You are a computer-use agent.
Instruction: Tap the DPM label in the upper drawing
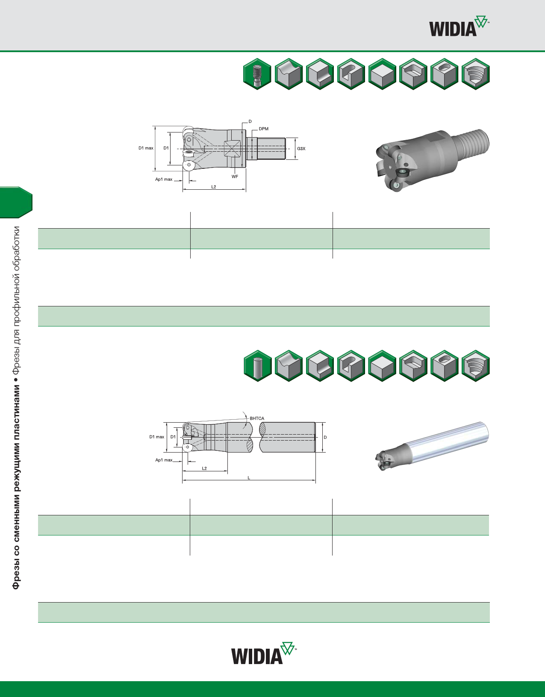pyautogui.click(x=263, y=129)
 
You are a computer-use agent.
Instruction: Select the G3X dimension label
pyautogui.click(x=301, y=148)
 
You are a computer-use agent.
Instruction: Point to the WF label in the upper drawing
pyautogui.click(x=235, y=176)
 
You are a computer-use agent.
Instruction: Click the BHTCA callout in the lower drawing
pyautogui.click(x=257, y=418)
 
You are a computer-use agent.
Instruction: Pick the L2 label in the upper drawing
pyautogui.click(x=214, y=187)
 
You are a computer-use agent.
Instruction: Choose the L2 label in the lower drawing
pyautogui.click(x=204, y=468)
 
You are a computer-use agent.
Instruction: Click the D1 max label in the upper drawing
pyautogui.click(x=146, y=148)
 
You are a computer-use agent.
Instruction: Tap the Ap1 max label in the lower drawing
pyautogui.click(x=164, y=460)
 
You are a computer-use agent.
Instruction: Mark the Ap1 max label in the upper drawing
pyautogui.click(x=164, y=179)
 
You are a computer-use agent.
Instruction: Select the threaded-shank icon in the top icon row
pyautogui.click(x=257, y=74)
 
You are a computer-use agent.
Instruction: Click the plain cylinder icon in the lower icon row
pyautogui.click(x=258, y=366)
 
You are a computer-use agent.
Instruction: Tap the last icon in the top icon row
pyautogui.click(x=475, y=74)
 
